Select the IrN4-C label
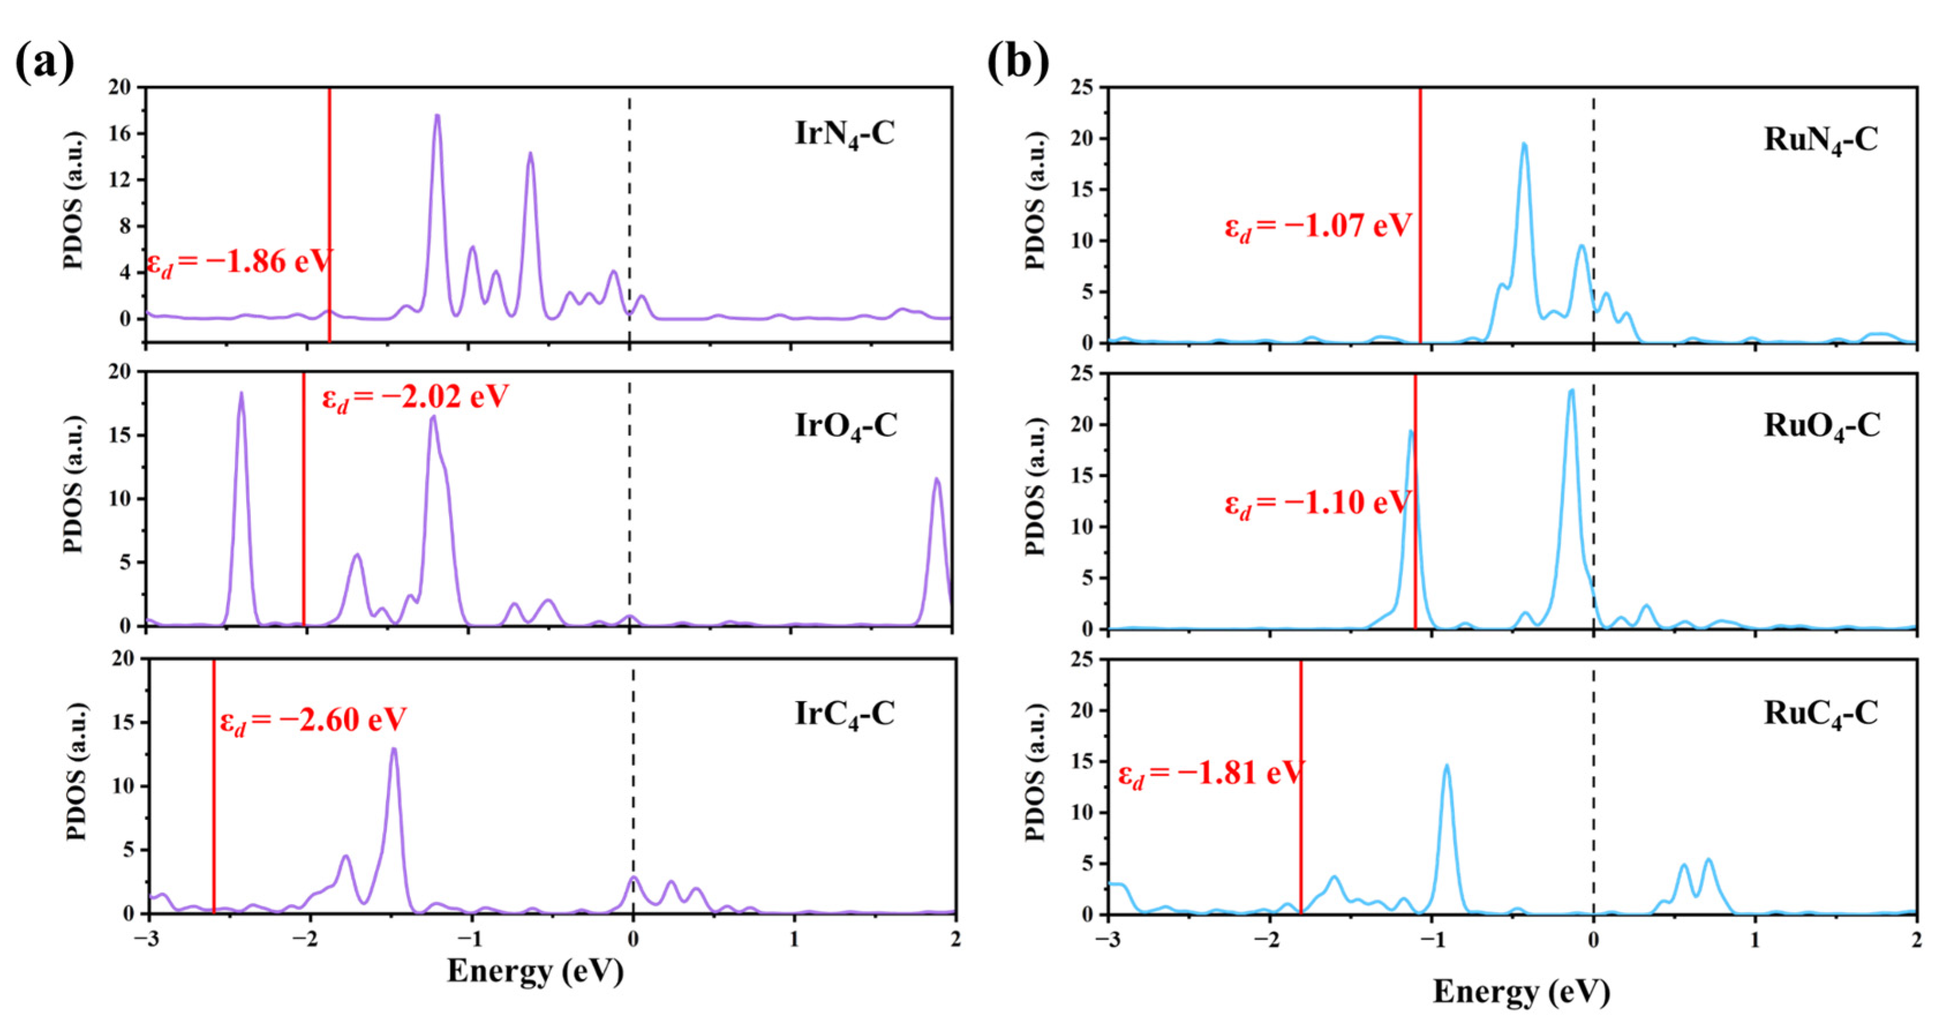(x=844, y=135)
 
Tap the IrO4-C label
(x=846, y=427)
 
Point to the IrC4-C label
(x=844, y=714)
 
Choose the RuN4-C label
(x=1820, y=141)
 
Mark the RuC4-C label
(x=1820, y=714)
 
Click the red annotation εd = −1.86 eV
(x=239, y=263)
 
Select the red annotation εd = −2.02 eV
(x=415, y=398)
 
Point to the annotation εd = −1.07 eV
(x=1318, y=227)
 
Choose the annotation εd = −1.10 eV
(x=1318, y=504)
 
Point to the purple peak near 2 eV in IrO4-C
(x=937, y=481)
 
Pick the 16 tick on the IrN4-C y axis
(x=121, y=134)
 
